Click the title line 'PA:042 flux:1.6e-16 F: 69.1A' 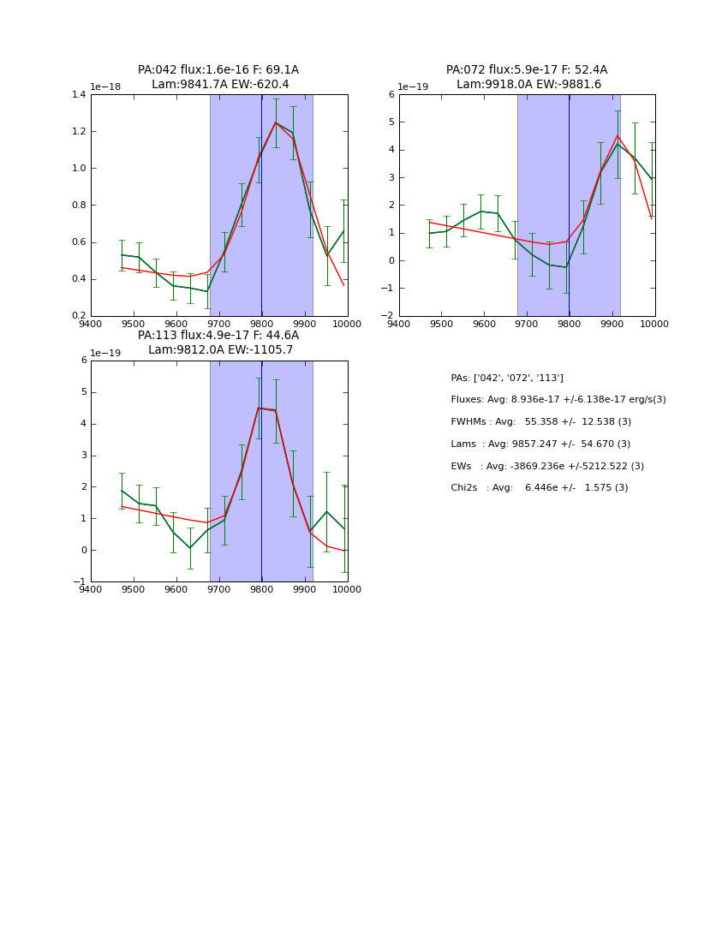tap(218, 70)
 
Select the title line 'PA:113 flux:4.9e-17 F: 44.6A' tap(218, 336)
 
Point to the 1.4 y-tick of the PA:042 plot tap(78, 94)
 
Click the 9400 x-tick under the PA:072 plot tap(398, 324)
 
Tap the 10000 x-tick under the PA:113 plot tap(346, 589)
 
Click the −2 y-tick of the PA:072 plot tap(388, 315)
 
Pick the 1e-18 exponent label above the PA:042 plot tap(107, 87)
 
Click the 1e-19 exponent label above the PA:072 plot tap(414, 87)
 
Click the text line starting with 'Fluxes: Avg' tap(558, 400)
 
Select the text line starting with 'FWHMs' tap(540, 422)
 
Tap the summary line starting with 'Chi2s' tap(539, 488)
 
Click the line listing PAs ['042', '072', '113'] tap(507, 378)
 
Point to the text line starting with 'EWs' tap(546, 466)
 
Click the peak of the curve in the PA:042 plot tap(276, 122)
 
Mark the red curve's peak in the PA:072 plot tap(617, 135)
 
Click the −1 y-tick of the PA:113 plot tap(81, 581)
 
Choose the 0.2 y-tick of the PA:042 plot tap(78, 315)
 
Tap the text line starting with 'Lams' tap(540, 444)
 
